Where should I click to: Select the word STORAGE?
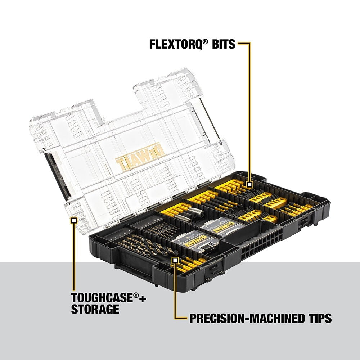95,309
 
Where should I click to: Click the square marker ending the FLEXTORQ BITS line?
249,185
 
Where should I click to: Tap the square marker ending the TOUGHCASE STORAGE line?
74,220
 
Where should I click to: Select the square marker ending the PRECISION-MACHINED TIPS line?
175,260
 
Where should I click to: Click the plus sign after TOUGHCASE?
143,298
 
